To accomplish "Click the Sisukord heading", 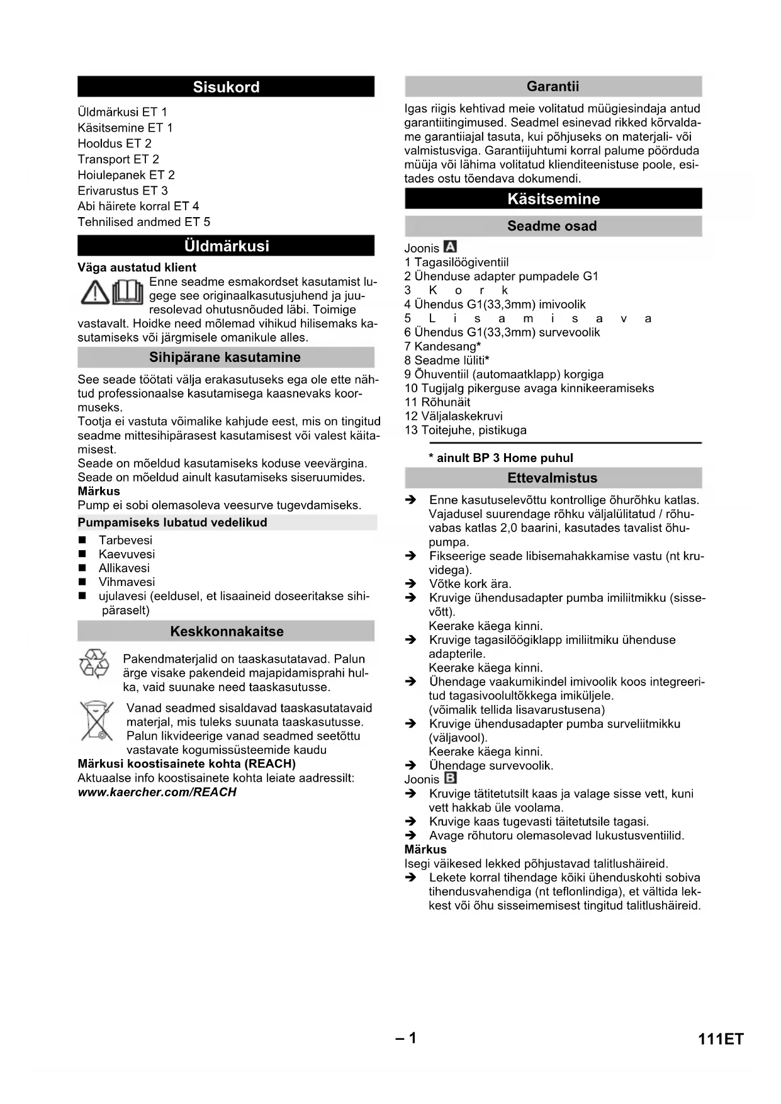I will point(226,87).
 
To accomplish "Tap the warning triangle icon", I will point(95,293).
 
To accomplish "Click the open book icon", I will point(128,293).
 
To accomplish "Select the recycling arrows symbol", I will point(94,665).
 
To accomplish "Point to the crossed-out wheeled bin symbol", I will point(96,721).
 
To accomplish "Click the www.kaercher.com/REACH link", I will point(157,792).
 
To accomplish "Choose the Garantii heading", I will point(553,86).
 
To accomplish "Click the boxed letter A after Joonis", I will point(450,247).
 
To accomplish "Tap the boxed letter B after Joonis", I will point(450,779).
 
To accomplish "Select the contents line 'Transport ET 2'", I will point(118,159).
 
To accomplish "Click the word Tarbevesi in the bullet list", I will point(125,540).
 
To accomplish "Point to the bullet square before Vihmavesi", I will point(82,582).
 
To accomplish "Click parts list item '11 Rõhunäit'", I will point(437,402).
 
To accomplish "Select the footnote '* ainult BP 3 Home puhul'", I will point(501,458).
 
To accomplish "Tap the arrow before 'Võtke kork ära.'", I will point(411,584).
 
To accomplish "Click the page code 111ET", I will point(721,1039).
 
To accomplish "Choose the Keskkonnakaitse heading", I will point(227,631).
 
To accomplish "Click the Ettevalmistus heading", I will point(553,478).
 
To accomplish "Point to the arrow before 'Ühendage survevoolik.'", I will point(411,766).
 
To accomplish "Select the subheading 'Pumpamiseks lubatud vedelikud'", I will point(172,522).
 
